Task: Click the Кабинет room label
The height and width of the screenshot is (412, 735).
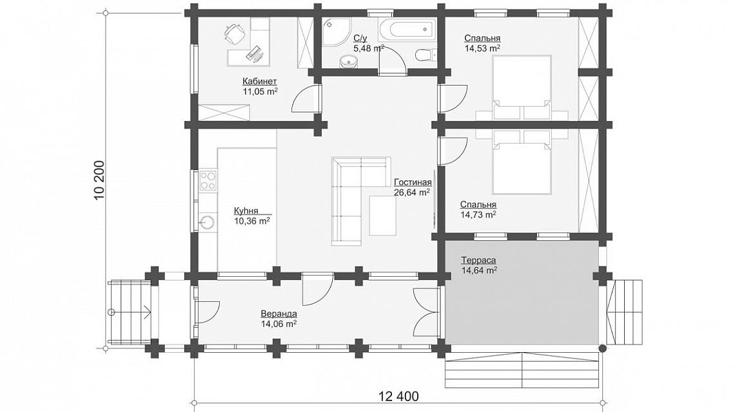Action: (x=260, y=82)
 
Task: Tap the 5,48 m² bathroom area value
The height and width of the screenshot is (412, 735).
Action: (x=369, y=48)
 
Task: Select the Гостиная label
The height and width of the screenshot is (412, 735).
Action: (x=413, y=182)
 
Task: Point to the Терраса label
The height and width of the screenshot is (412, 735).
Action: (x=478, y=260)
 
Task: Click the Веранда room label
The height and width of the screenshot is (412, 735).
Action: (x=279, y=314)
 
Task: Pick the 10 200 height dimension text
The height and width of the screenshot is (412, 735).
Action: (x=100, y=181)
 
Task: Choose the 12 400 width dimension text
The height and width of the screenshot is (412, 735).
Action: (x=399, y=396)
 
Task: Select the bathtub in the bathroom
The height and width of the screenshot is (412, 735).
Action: (x=406, y=30)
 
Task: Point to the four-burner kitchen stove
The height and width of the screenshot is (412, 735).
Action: (x=208, y=181)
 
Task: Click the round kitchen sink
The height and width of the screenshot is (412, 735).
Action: (x=207, y=222)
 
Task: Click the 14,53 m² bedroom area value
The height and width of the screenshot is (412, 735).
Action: (x=482, y=48)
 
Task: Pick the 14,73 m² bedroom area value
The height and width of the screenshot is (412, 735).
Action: (x=478, y=214)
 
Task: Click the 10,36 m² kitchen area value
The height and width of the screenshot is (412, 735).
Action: (x=251, y=221)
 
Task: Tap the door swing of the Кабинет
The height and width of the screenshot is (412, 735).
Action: (x=305, y=99)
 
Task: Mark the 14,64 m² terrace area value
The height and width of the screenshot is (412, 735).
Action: (x=479, y=270)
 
